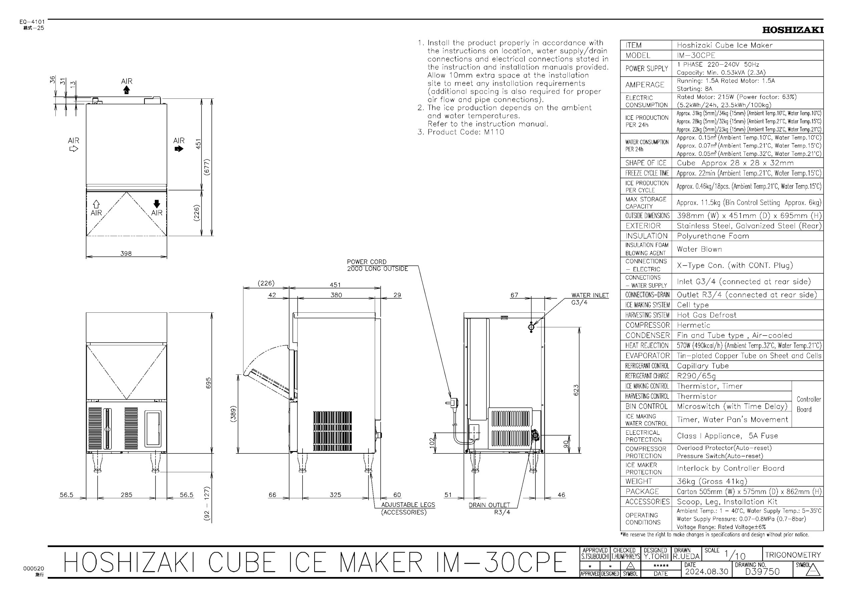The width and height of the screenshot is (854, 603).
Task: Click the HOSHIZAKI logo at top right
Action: click(x=793, y=30)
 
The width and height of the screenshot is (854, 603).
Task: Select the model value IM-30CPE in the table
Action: click(x=696, y=55)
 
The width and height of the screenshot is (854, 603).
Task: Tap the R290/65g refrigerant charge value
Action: click(x=696, y=376)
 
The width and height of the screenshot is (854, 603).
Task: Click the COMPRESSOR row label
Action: click(x=647, y=325)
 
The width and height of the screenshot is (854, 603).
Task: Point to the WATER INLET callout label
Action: click(x=590, y=299)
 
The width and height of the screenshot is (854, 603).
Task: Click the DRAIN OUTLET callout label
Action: click(x=489, y=508)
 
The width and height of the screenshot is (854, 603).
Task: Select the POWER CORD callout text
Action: click(x=377, y=265)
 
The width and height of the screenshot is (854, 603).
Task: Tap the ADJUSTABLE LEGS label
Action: click(x=408, y=508)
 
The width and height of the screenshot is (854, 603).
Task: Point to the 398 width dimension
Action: click(x=126, y=254)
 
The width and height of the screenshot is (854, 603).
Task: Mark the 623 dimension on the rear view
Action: click(x=576, y=390)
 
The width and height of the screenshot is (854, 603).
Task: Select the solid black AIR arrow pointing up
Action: click(x=126, y=90)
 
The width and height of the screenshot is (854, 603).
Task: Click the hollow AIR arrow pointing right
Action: click(x=74, y=149)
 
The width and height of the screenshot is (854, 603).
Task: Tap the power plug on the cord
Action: click(x=453, y=402)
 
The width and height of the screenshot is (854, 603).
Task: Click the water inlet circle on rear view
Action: click(x=531, y=327)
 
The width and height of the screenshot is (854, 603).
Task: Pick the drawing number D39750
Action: click(x=762, y=571)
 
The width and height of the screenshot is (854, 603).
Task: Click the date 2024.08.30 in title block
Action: click(x=707, y=571)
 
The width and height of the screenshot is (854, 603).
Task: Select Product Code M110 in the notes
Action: click(x=466, y=132)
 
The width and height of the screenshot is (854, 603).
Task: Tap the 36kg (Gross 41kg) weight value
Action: click(x=712, y=481)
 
